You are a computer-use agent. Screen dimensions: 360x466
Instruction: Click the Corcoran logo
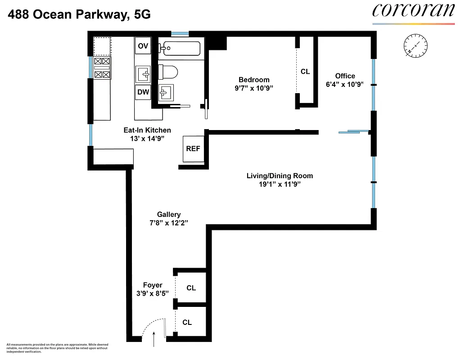click(x=413, y=11)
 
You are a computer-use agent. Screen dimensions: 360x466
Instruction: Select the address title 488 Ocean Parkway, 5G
click(x=79, y=14)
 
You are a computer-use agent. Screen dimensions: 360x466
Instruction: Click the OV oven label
click(x=143, y=46)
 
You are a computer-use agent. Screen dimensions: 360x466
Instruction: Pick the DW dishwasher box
click(x=143, y=92)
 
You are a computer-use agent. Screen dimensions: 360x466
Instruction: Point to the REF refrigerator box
click(x=193, y=149)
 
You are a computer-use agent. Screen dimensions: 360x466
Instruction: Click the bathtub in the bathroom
click(x=182, y=48)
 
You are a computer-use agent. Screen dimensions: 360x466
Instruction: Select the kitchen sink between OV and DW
click(x=144, y=72)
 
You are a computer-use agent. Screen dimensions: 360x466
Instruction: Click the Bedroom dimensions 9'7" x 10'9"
click(x=254, y=88)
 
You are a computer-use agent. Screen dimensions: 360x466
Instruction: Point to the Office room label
click(x=345, y=76)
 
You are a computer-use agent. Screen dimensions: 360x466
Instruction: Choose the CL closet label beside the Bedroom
click(x=305, y=72)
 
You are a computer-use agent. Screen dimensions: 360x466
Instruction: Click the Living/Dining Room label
click(x=280, y=175)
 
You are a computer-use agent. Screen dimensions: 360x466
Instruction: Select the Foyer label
click(x=153, y=285)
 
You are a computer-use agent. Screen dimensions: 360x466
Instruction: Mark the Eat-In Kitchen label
click(x=147, y=130)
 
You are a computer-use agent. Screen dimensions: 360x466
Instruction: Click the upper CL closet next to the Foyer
click(x=191, y=288)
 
